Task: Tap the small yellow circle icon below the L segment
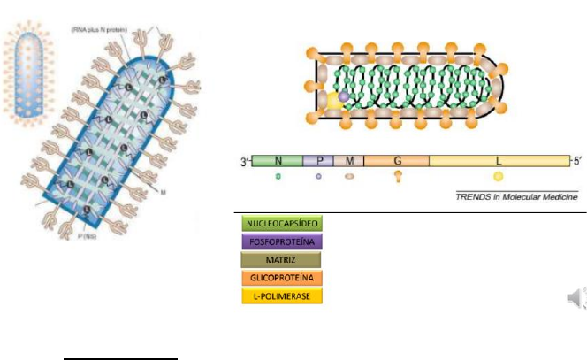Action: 499,177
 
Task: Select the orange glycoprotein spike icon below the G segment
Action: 397,177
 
